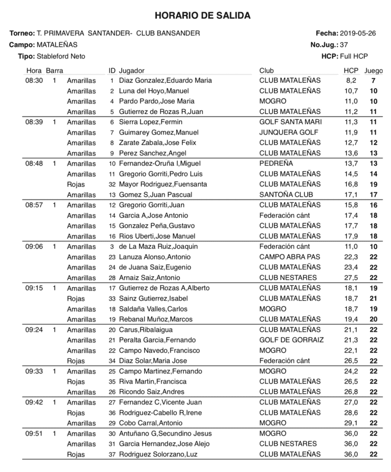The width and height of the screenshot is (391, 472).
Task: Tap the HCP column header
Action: (351, 70)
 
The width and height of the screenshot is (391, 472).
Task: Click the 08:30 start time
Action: (34, 80)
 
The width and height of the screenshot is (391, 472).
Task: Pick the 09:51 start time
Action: (34, 433)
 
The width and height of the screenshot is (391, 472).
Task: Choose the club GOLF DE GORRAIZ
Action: (291, 340)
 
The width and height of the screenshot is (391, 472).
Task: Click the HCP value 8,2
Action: (351, 80)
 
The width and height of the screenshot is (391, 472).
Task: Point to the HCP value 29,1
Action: (351, 423)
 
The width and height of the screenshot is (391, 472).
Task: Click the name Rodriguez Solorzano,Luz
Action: (158, 454)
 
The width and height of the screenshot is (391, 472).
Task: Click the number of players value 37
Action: (344, 45)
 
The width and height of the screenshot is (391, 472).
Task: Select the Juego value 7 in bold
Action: (373, 80)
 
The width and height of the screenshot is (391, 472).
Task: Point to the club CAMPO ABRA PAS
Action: (290, 257)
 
